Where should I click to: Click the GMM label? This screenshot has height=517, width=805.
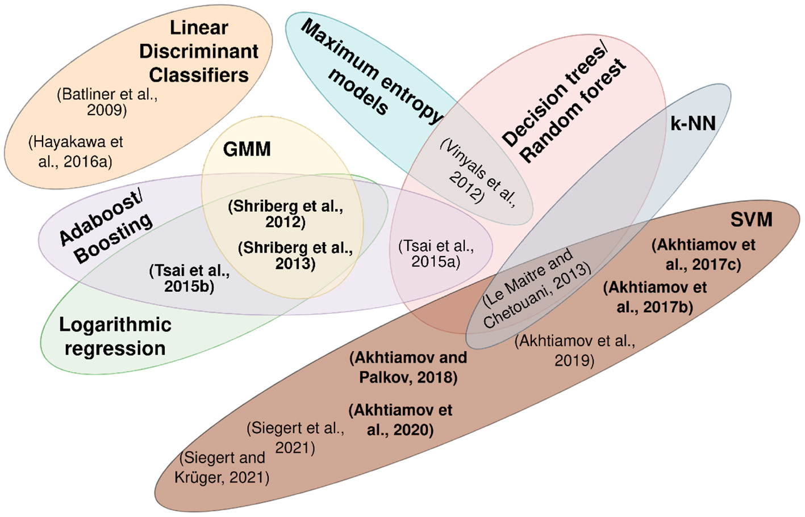coord(247,149)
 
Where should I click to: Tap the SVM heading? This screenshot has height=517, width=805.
coord(751,220)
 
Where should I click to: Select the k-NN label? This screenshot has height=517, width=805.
coord(693,123)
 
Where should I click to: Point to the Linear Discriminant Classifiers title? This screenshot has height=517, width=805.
coord(199,51)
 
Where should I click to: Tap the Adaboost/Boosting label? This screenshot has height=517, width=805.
coord(106,226)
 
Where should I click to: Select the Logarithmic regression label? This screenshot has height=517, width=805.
coord(115,337)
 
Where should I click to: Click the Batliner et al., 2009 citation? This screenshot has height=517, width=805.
coord(107,102)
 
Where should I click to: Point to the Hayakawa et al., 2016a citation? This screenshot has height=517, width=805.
coord(76,152)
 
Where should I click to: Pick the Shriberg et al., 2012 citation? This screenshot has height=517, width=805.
coord(285,214)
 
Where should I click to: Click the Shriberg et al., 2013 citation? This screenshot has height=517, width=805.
coord(295,255)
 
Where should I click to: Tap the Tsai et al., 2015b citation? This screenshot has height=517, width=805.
coord(189,278)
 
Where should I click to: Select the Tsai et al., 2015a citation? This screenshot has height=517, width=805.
coord(436,254)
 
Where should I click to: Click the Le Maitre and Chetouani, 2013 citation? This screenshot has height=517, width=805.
coord(536,288)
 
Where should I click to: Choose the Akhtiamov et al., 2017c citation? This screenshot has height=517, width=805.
coord(703,254)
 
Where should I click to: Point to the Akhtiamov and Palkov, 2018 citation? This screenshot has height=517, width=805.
coord(408,367)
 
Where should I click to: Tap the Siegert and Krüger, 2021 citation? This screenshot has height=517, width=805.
coord(222,467)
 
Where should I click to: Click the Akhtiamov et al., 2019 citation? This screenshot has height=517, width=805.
coord(574,350)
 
